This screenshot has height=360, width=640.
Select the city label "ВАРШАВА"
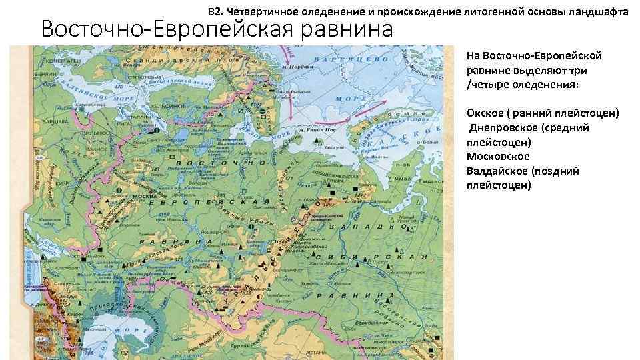pos(54,123)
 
